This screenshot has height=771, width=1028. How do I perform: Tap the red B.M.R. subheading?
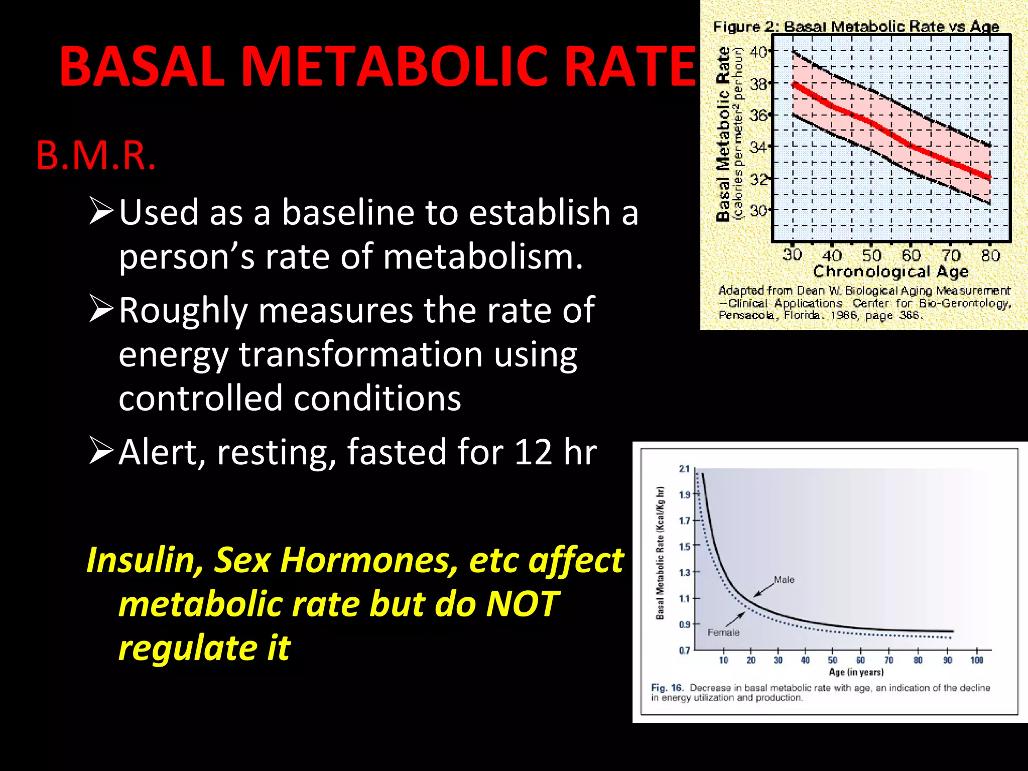tap(96, 156)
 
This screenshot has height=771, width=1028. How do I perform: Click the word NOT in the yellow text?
tap(522, 603)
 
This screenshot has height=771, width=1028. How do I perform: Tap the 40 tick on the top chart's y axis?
tap(758, 52)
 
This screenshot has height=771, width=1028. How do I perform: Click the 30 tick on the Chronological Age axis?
tap(792, 255)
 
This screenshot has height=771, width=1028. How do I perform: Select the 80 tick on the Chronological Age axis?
tap(990, 255)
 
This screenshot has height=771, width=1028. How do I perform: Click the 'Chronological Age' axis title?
tap(890, 272)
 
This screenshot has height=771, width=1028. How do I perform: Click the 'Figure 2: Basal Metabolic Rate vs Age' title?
tap(856, 27)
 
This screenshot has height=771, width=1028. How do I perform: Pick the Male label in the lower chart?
tap(784, 580)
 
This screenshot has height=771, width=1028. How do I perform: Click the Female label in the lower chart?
tap(723, 632)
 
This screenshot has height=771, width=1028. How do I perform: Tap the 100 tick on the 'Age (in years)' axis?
tap(976, 660)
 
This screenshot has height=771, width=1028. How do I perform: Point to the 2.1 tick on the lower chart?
tap(684, 469)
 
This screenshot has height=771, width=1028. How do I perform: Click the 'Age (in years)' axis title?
tap(856, 672)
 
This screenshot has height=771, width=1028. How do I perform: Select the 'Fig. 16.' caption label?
tap(667, 688)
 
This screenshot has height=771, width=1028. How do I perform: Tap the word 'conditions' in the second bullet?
tap(377, 398)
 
